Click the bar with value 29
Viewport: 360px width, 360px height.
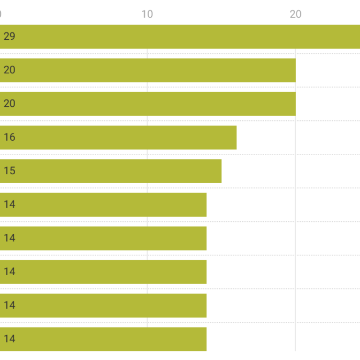(x=180, y=37)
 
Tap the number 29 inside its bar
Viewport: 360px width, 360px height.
(x=9, y=36)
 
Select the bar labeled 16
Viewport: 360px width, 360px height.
(x=118, y=138)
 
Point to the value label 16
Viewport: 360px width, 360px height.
(x=9, y=137)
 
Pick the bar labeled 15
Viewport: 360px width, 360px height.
(x=110, y=171)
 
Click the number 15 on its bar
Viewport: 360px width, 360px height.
(x=9, y=171)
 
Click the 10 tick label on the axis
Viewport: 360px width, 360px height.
(x=147, y=14)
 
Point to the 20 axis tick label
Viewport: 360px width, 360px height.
(x=296, y=14)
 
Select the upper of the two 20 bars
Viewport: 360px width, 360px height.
(x=148, y=70)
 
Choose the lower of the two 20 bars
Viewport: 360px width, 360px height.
(x=148, y=104)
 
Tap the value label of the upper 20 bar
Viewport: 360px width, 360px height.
(x=9, y=70)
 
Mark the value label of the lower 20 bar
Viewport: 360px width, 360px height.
(x=9, y=104)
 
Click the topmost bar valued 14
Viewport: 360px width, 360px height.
(x=103, y=205)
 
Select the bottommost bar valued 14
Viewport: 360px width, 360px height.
(x=103, y=339)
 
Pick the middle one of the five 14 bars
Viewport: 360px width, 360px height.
(x=103, y=272)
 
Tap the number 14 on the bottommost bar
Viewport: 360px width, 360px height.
(x=9, y=339)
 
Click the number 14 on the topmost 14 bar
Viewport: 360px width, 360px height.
(x=9, y=205)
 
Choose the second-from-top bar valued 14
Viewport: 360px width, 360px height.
(x=103, y=238)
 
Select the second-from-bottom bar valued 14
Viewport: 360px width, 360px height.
(x=103, y=306)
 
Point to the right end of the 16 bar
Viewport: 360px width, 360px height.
(x=237, y=138)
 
